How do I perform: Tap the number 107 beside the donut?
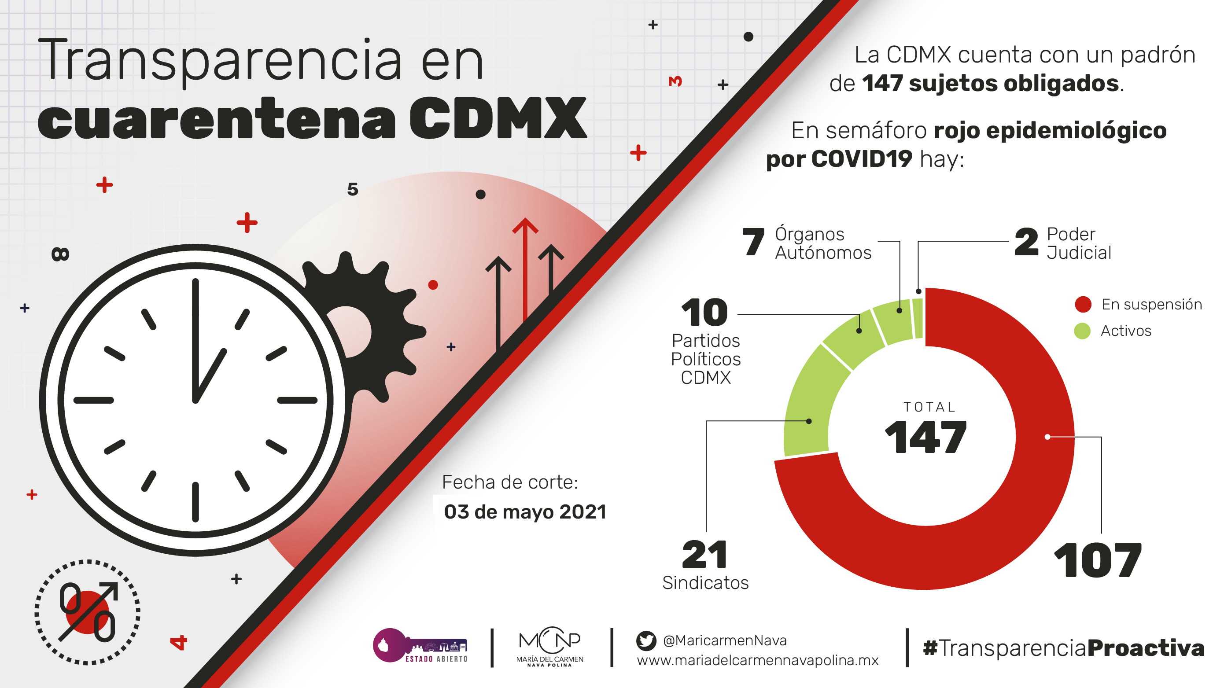(1098, 561)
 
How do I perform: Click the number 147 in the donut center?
(925, 437)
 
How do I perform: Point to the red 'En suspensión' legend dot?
(1083, 305)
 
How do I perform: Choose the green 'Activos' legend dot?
(1082, 331)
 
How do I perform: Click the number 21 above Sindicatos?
(704, 555)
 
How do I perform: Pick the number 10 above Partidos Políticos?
(704, 313)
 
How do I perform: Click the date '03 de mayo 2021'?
(525, 512)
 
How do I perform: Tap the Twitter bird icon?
(646, 640)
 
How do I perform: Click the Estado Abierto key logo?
(420, 646)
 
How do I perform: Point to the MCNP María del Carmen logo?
(550, 646)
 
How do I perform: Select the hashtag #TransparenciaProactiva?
(1063, 648)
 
